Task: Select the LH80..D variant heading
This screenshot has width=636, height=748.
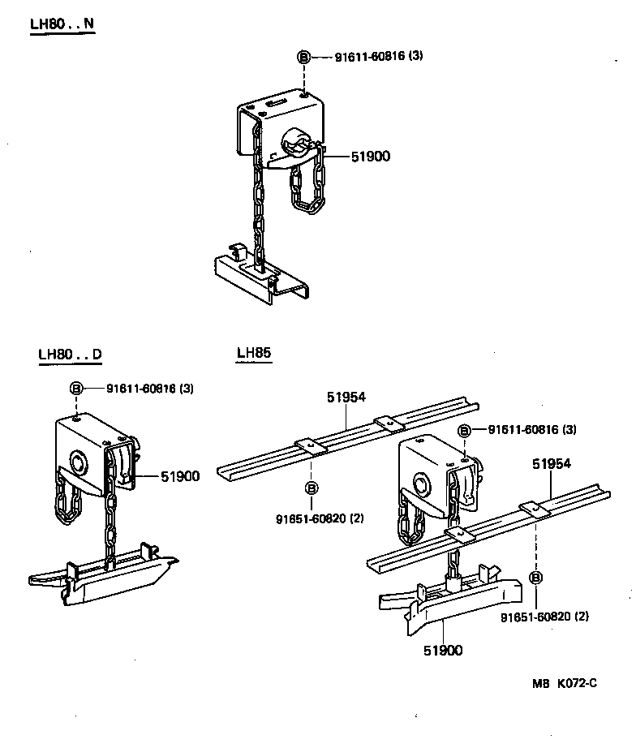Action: pos(70,355)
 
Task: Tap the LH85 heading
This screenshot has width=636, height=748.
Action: pos(253,353)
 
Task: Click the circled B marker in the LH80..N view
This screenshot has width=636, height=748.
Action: pos(303,57)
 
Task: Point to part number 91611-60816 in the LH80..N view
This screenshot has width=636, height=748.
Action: pos(369,57)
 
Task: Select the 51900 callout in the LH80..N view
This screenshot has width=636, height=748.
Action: pos(370,156)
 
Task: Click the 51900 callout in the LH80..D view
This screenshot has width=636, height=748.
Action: pos(179,476)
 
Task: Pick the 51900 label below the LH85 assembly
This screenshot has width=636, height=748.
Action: pos(443,650)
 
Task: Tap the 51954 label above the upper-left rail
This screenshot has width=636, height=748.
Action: pos(346,398)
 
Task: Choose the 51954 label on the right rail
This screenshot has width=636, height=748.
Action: pos(552,464)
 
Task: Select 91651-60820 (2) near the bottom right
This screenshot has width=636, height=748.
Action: pos(544,617)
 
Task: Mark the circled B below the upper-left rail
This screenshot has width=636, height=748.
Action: pos(311,488)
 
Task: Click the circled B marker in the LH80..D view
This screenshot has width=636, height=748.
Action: pos(75,389)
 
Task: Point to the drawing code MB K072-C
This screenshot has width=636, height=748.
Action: pos(565,682)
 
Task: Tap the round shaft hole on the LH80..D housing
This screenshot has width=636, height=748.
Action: pos(80,464)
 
